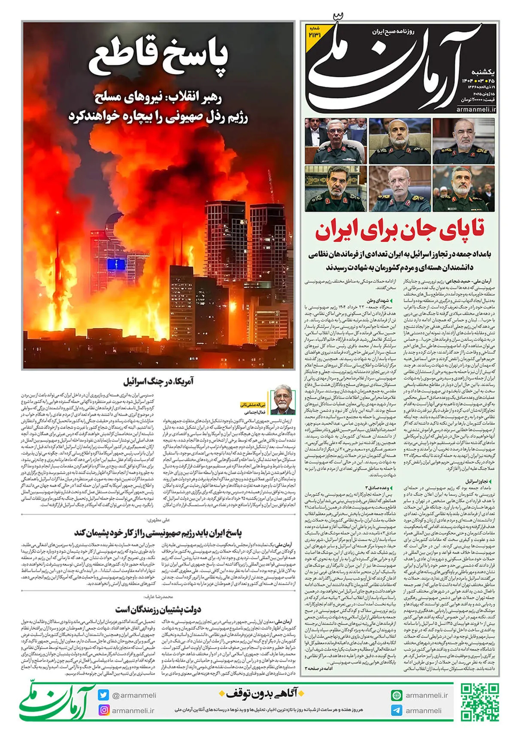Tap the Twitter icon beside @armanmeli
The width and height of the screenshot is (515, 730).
click(103, 695)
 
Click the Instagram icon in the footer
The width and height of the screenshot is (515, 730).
click(103, 710)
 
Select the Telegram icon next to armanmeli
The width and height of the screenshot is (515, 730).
click(397, 710)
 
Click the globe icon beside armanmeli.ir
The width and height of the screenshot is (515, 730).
click(397, 695)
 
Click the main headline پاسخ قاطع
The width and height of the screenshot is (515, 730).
click(158, 58)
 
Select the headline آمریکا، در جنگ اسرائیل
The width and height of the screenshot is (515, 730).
click(158, 381)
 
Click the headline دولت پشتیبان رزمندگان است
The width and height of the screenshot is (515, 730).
click(158, 609)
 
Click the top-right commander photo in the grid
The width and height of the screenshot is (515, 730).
click(464, 141)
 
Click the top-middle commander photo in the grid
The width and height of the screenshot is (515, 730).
click(400, 141)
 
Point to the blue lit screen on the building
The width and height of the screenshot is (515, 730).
click(116, 264)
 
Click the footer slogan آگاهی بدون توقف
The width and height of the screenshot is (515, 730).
click(261, 694)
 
